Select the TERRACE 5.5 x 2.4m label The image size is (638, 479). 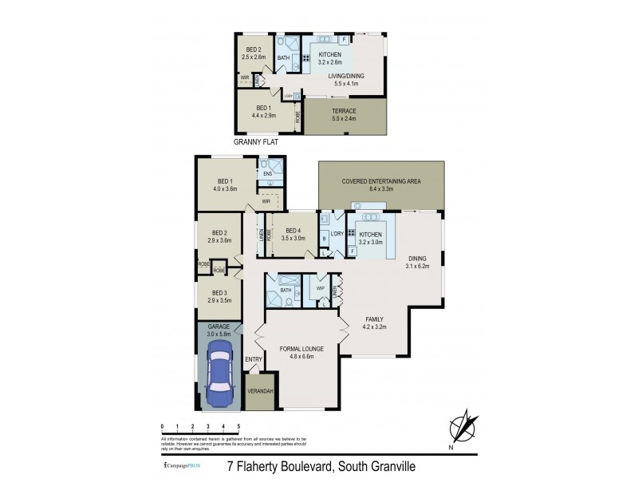pyautogui.click(x=345, y=114)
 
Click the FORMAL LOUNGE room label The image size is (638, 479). pyautogui.click(x=302, y=352)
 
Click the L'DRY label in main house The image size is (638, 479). pyautogui.click(x=337, y=232)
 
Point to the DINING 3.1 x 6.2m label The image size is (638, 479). pyautogui.click(x=418, y=262)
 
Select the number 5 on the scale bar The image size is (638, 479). pyautogui.click(x=238, y=428)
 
